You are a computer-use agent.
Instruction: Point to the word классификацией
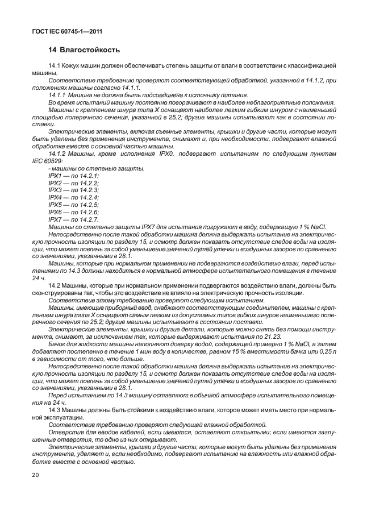[314, 66]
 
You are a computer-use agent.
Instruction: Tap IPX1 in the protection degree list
[56, 176]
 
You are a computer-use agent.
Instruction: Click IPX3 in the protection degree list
[56, 190]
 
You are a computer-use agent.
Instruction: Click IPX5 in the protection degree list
[56, 205]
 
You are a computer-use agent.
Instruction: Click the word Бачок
[59, 344]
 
